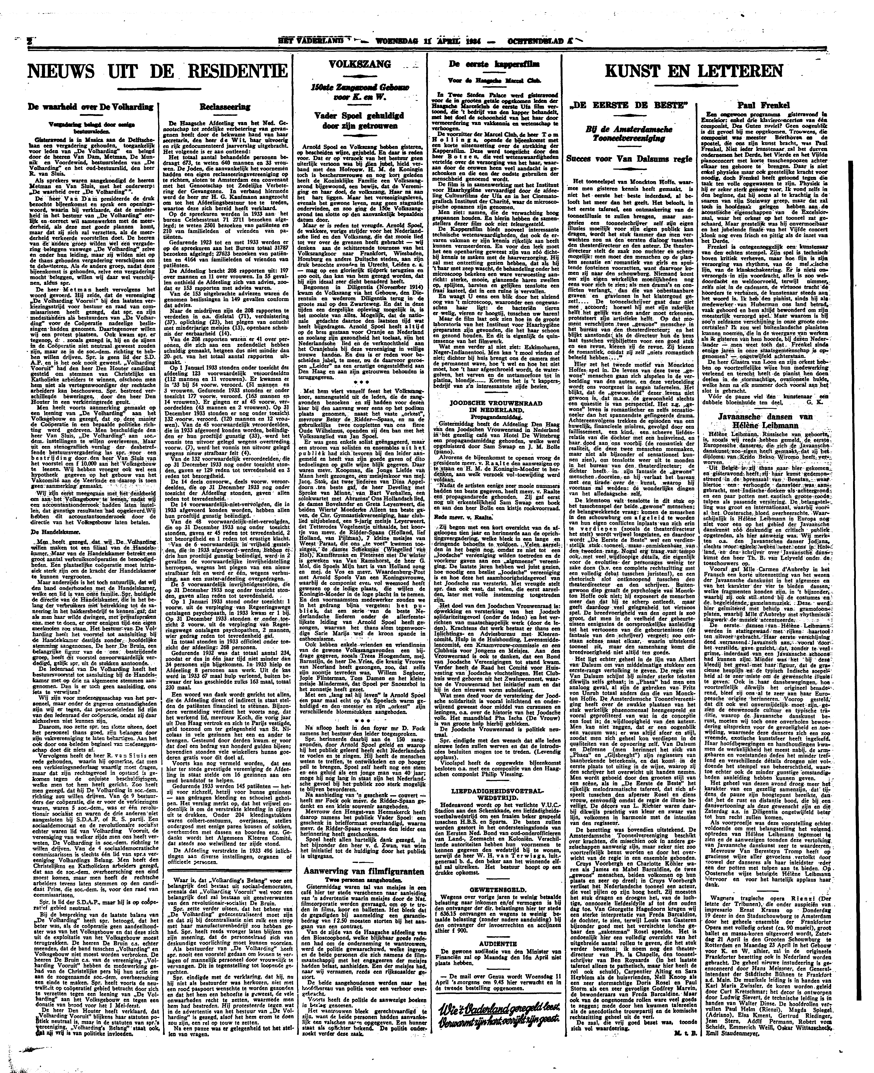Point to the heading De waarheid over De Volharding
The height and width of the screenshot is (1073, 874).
point(91,107)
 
